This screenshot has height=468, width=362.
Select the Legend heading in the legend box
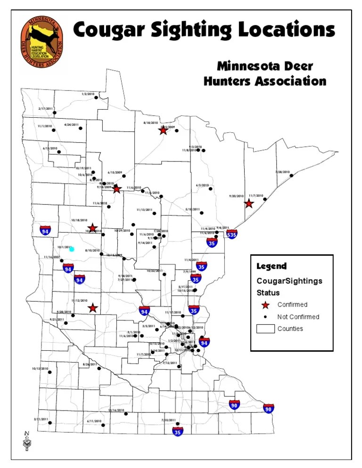click(x=271, y=266)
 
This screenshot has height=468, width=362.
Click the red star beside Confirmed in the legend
click(x=266, y=305)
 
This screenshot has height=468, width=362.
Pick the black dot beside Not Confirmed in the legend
click(x=266, y=317)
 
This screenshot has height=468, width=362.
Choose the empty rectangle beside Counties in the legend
click(x=265, y=329)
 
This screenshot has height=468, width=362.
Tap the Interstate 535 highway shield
click(x=231, y=234)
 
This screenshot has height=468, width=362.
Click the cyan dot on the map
click(x=72, y=249)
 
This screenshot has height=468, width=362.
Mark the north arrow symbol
click(x=27, y=440)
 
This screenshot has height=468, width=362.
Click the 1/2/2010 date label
click(x=88, y=94)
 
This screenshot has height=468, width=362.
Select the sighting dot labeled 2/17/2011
click(x=55, y=113)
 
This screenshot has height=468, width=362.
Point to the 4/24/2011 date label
click(x=71, y=125)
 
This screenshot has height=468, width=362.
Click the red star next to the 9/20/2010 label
click(x=249, y=204)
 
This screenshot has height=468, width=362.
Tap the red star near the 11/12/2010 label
click(x=93, y=308)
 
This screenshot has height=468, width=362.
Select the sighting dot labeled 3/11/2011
click(x=49, y=423)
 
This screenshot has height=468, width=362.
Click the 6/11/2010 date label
click(x=94, y=420)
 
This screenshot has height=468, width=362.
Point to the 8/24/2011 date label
click(x=90, y=364)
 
